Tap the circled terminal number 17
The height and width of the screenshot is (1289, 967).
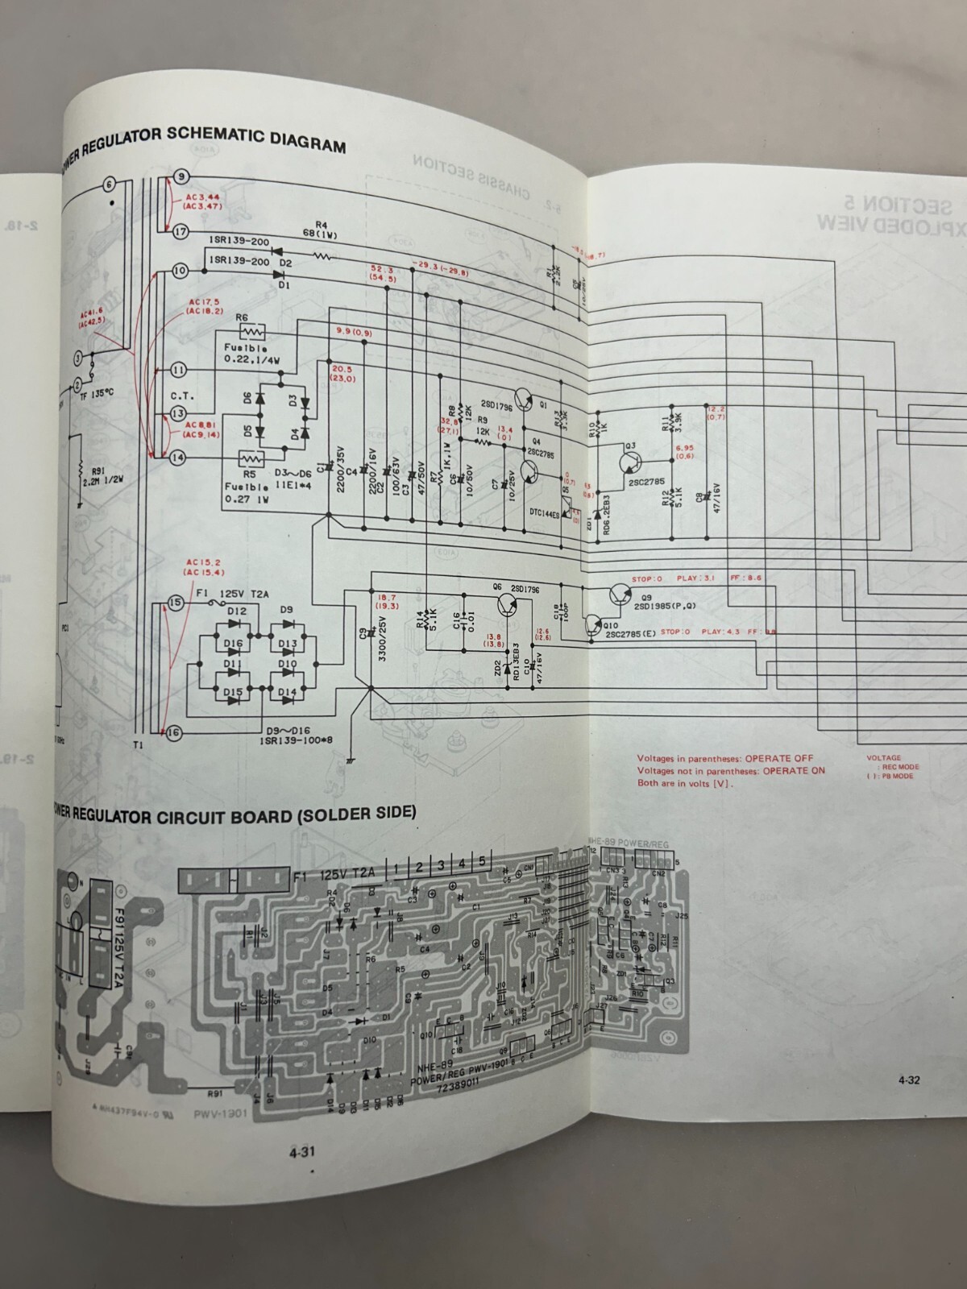pyautogui.click(x=181, y=232)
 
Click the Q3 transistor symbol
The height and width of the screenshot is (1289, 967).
pyautogui.click(x=630, y=462)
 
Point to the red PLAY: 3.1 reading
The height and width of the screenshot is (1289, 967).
pyautogui.click(x=695, y=578)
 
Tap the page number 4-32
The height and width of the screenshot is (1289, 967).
pyautogui.click(x=908, y=1081)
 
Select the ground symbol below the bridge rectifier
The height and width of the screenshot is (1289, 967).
pyautogui.click(x=351, y=758)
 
